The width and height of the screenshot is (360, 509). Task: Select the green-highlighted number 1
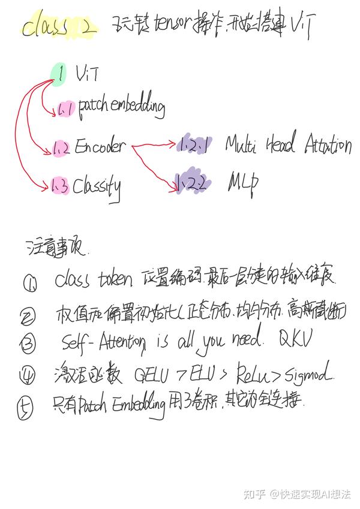point(60,73)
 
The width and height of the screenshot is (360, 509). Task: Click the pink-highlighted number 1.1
point(65,109)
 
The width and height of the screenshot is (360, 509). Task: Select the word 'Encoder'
point(100,146)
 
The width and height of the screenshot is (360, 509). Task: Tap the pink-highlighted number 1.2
point(61,147)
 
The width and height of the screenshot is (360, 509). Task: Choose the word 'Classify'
point(97,187)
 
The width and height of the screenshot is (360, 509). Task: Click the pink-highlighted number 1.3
point(59,187)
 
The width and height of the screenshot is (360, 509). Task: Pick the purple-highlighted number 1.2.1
point(193,144)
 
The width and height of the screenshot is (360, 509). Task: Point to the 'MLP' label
point(242,180)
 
